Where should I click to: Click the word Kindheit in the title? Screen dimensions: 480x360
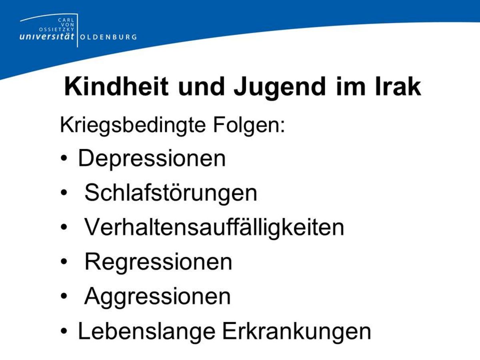pos(116,86)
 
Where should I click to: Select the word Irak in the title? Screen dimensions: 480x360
pos(398,86)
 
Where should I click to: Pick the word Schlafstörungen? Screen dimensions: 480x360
pos(171,192)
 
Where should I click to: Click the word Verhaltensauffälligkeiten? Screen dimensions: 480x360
pos(214,227)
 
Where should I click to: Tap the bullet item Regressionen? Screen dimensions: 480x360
pos(158,262)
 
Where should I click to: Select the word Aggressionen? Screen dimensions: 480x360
pos(158,297)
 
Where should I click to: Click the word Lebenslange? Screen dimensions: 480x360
pos(146,332)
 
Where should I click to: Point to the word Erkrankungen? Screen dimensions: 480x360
pos(297,332)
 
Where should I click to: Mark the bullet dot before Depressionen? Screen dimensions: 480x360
pos(64,159)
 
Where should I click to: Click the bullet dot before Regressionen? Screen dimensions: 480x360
pos(64,262)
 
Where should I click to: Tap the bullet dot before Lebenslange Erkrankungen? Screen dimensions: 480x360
pos(64,331)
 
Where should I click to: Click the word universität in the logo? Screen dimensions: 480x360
pos(47,36)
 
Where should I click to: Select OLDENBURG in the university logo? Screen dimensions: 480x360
pos(108,37)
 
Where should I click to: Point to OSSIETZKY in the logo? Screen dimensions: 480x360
pos(57,29)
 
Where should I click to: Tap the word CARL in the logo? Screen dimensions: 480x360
pos(66,20)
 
